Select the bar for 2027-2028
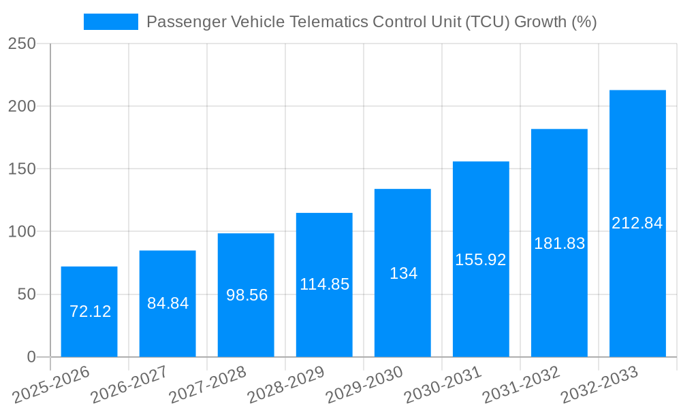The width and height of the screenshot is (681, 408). point(246,326)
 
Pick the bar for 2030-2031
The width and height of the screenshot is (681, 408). point(481,306)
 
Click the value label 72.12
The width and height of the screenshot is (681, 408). point(91,311)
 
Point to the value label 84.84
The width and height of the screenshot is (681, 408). point(168,303)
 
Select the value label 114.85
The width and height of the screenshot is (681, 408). point(324,284)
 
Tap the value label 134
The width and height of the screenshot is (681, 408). point(403,273)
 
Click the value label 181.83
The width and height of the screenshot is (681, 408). point(559,243)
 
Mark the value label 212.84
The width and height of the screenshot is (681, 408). point(637,223)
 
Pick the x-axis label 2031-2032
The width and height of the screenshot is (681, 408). point(522,385)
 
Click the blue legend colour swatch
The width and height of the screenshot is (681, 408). point(110,22)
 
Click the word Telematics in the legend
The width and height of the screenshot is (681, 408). point(331,22)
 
